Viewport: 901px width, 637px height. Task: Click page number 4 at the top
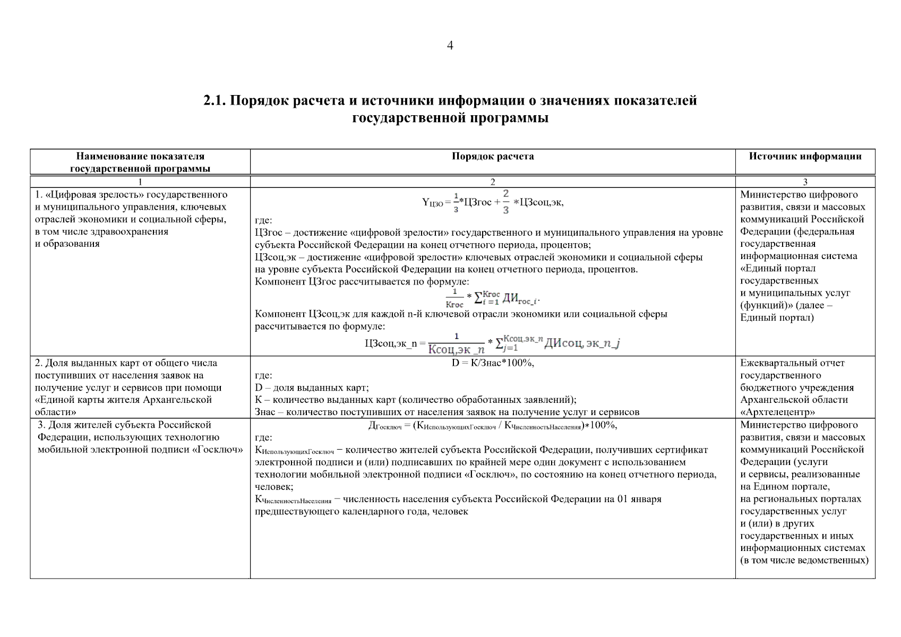point(450,46)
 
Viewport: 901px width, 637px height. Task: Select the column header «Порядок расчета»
point(493,156)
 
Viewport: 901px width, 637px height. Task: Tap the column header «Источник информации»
point(805,156)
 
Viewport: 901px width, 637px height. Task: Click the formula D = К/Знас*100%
point(493,363)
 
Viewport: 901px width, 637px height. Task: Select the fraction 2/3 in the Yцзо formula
point(505,202)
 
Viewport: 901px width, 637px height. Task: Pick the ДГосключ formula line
point(492,426)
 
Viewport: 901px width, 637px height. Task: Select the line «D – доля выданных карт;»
point(312,388)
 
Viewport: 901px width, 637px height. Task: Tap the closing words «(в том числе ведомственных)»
point(804,560)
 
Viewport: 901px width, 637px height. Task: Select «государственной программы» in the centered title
point(450,118)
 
